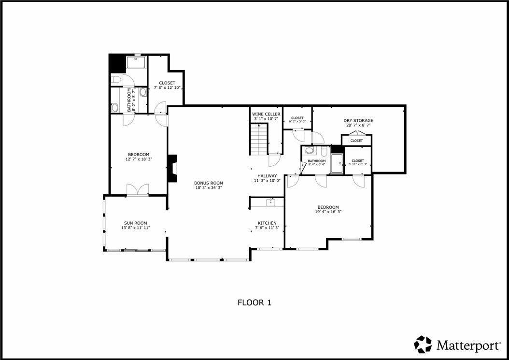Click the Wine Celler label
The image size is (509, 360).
[x=266, y=114]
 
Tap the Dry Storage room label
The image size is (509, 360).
[x=358, y=120]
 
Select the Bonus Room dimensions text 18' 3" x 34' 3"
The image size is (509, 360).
[x=209, y=188]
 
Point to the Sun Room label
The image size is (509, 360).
[x=135, y=223]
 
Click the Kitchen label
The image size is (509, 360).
[x=267, y=223]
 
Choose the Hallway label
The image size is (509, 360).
[x=267, y=176]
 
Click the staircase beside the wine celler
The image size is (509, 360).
[x=259, y=140]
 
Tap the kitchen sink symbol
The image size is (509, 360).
[x=271, y=202]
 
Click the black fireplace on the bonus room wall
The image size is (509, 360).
[x=172, y=168]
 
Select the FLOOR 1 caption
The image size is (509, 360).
[x=254, y=303]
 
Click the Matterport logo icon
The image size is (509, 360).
[x=423, y=345]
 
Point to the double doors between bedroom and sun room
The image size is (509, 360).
[x=138, y=190]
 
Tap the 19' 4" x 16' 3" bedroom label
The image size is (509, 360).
[x=328, y=210]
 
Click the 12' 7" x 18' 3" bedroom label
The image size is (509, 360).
[x=139, y=157]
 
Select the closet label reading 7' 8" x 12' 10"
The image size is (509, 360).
[x=167, y=85]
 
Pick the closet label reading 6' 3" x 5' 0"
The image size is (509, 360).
[x=297, y=119]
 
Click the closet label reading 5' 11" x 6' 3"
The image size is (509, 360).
[x=358, y=162]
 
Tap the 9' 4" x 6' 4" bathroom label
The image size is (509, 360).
[x=316, y=162]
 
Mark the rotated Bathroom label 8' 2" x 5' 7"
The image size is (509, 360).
[x=131, y=100]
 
